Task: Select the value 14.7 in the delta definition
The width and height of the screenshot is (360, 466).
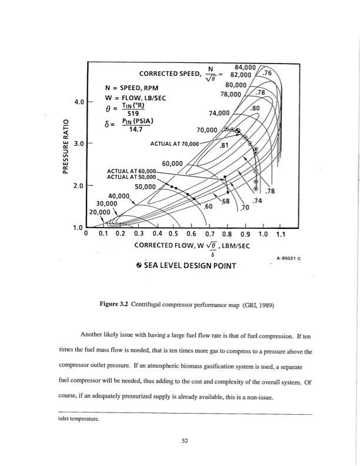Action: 135,132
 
